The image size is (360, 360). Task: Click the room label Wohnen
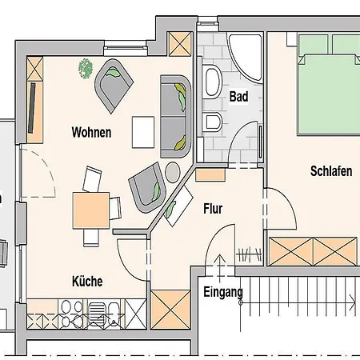[x=90, y=132]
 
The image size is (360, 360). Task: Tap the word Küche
[x=87, y=282]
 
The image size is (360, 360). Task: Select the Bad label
[x=238, y=97]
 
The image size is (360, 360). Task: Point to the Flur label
[x=213, y=210]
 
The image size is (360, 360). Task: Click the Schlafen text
[x=331, y=170]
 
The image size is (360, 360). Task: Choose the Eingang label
[x=223, y=292]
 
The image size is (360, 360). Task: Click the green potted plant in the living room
[x=84, y=70]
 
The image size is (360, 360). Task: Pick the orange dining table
[x=90, y=210]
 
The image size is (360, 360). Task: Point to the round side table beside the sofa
[x=172, y=170]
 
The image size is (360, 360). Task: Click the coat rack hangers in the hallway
[x=249, y=256]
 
